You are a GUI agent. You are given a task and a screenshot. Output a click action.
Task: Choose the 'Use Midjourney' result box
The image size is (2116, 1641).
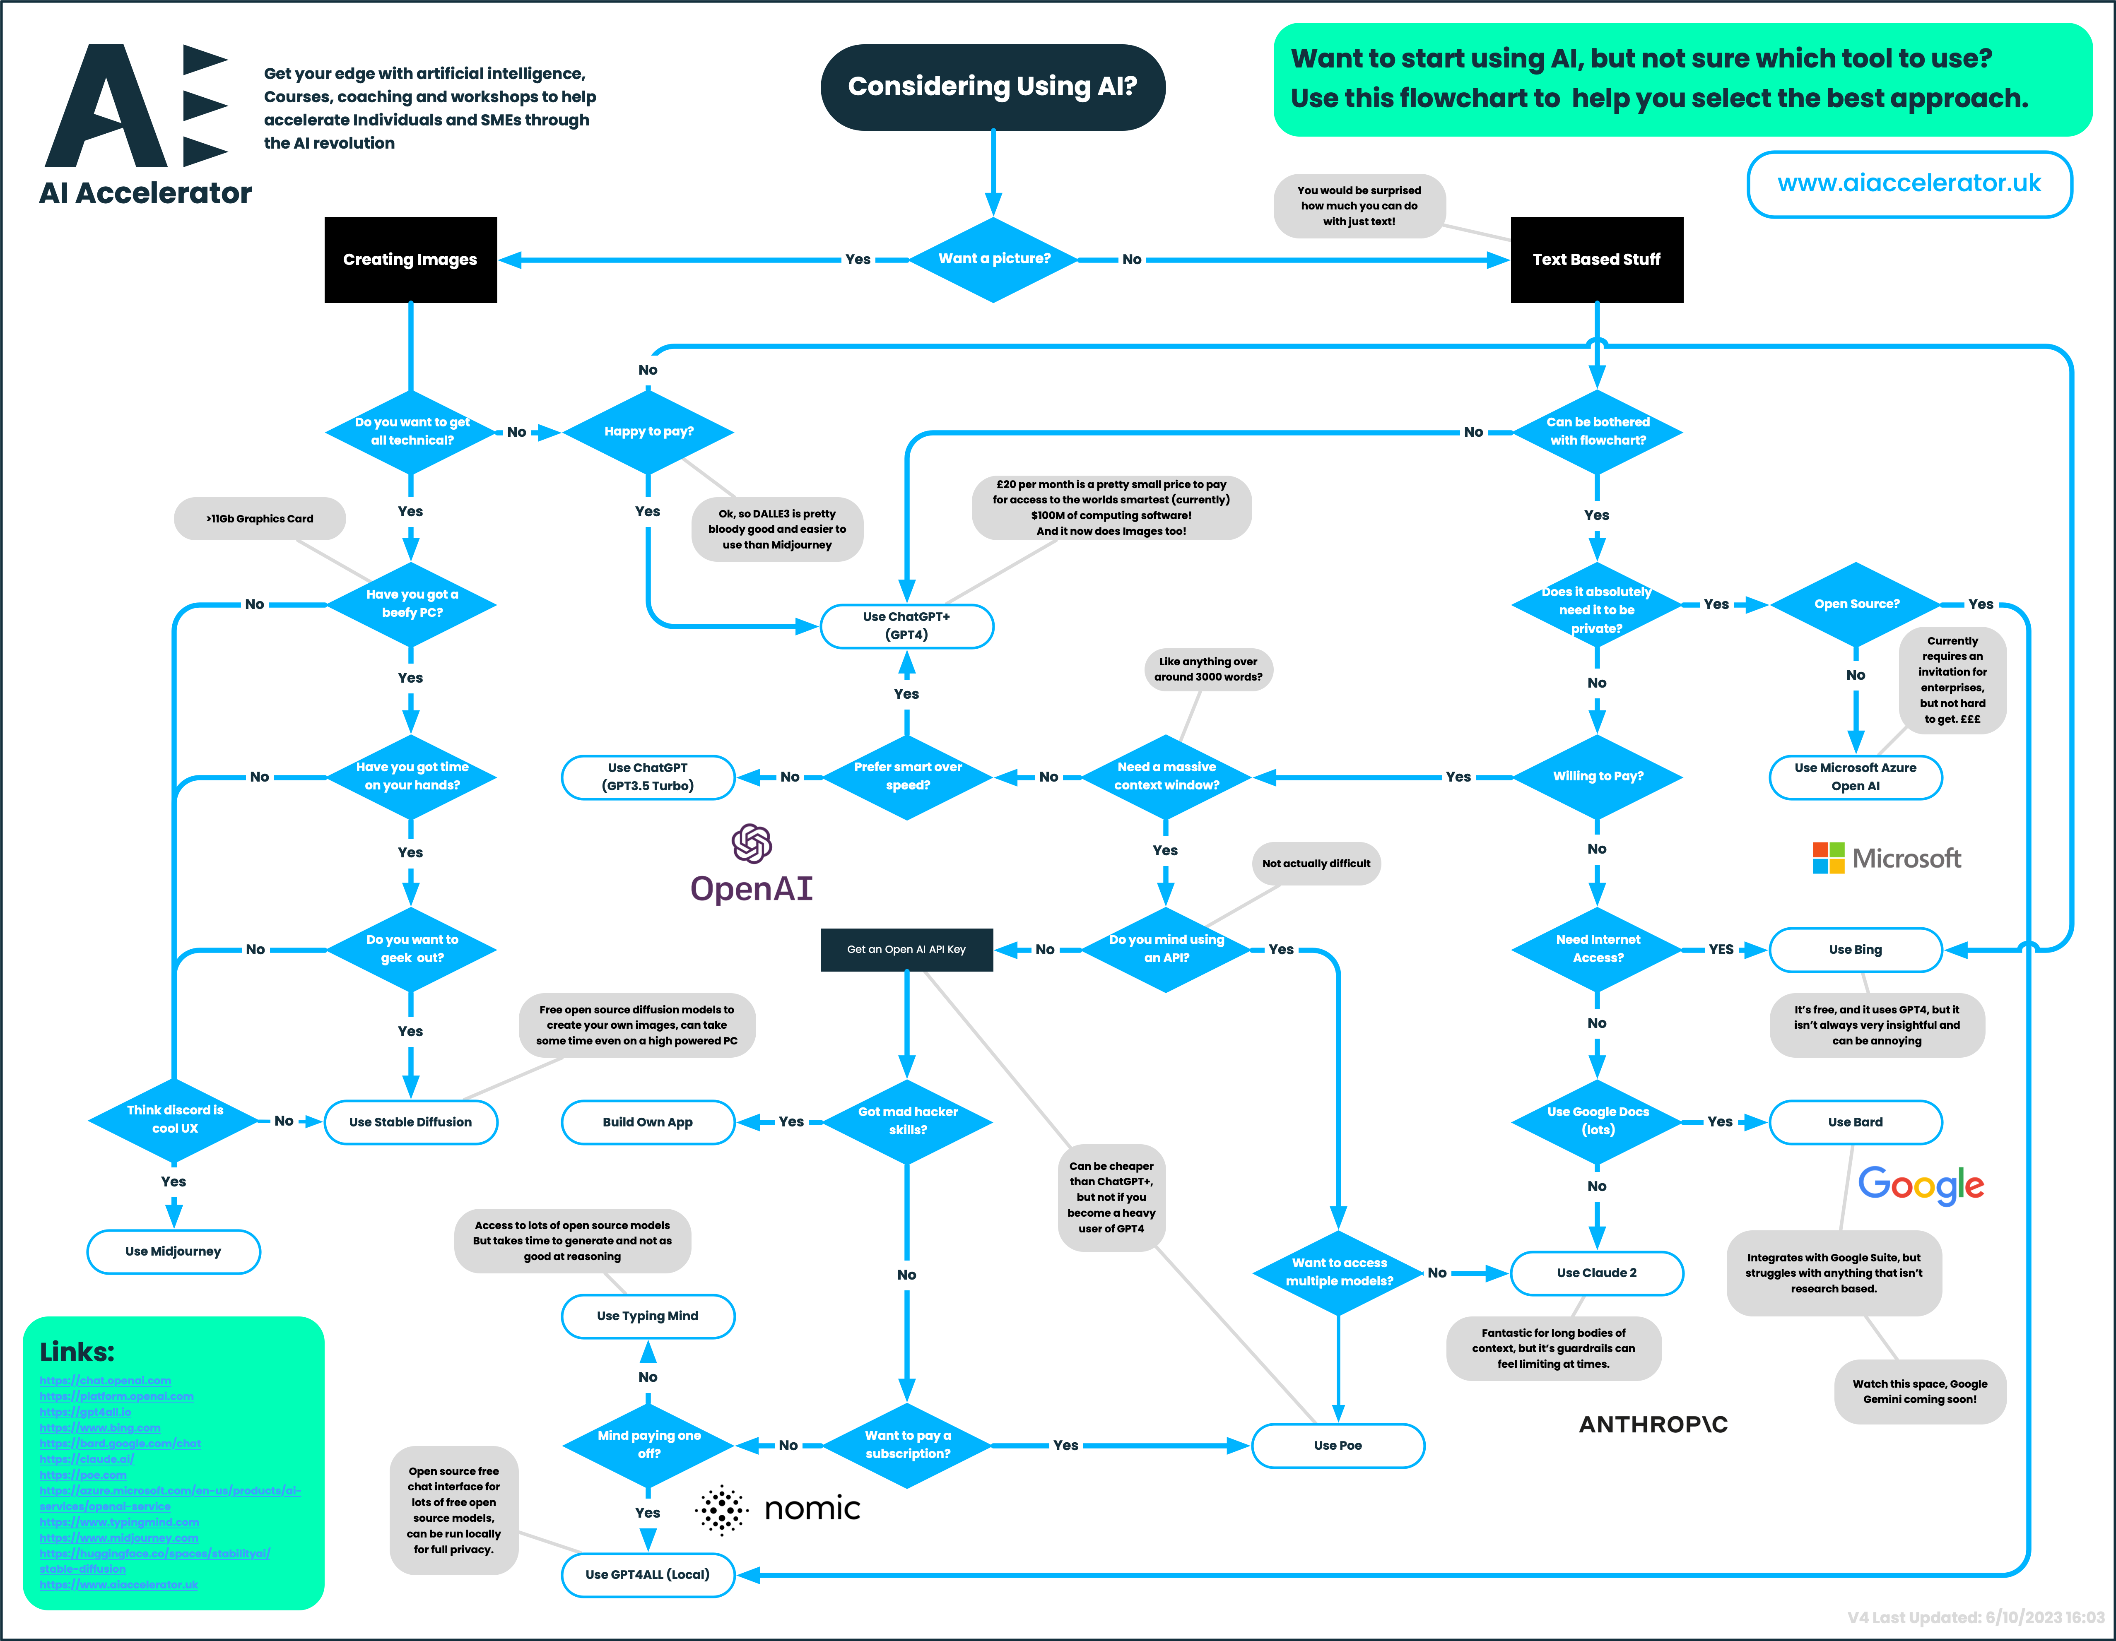[x=174, y=1251]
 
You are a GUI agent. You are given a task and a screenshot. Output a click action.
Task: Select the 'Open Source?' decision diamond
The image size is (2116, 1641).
[x=1856, y=604]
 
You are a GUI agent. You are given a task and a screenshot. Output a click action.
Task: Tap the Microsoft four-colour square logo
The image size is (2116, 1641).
[x=1828, y=858]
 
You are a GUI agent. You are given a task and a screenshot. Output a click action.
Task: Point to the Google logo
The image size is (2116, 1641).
[x=1920, y=1185]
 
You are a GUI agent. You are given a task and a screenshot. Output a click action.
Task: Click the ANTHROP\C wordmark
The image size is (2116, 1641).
[x=1653, y=1424]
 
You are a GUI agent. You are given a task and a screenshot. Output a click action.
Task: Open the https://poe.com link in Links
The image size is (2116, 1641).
[x=83, y=1475]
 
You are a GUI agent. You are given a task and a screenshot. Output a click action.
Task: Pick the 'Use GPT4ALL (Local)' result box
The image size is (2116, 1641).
[x=647, y=1574]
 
